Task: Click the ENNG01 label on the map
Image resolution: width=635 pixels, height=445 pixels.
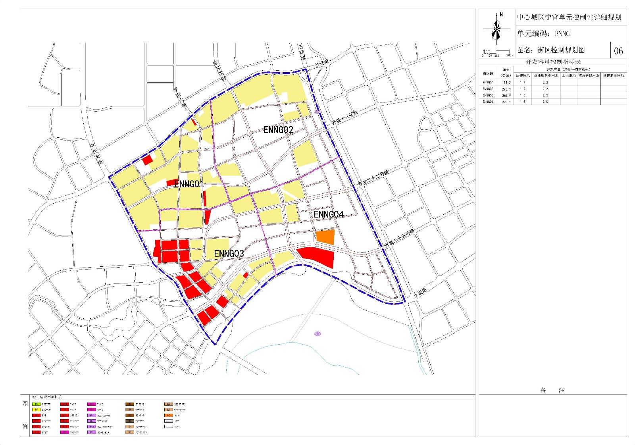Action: coord(189,184)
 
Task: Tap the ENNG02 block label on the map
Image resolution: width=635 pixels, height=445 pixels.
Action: coord(278,130)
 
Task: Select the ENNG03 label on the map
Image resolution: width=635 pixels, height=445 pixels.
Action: coord(229,254)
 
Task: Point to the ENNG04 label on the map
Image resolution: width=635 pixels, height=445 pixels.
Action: coord(329,215)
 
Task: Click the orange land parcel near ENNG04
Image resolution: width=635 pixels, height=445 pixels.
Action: coord(325,237)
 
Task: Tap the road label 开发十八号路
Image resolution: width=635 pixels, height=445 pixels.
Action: coord(345,118)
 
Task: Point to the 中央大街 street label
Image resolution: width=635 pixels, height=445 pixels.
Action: coord(96,154)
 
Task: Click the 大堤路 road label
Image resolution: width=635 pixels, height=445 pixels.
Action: coord(421,293)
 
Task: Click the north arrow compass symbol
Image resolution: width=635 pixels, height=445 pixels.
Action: coord(496,29)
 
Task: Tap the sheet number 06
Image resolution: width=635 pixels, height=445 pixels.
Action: coord(618,51)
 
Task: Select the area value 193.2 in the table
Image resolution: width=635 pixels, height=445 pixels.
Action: coord(506,83)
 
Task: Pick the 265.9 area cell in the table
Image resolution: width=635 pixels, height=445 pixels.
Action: coord(506,95)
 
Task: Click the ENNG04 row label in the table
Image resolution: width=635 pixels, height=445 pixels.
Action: coord(488,102)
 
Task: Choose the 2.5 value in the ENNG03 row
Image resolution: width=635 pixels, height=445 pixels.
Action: coord(545,95)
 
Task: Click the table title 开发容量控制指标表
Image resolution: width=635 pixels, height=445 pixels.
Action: coord(553,62)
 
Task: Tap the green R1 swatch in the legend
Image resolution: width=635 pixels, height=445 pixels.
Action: coord(36,404)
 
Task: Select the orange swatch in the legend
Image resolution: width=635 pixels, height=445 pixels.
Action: coord(169,415)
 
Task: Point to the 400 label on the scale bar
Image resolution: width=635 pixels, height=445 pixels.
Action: coord(509,56)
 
